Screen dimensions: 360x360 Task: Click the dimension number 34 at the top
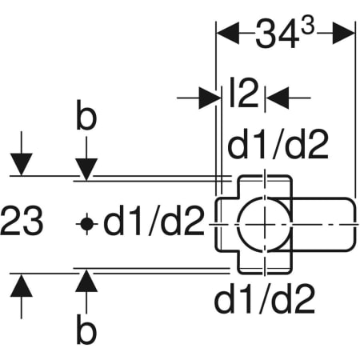[x=277, y=34]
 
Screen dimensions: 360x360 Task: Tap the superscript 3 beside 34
[x=307, y=26]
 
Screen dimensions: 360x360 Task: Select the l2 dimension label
[x=244, y=92]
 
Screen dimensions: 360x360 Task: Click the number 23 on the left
[x=22, y=220]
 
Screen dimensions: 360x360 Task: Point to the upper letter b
[x=86, y=115]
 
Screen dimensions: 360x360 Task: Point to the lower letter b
[x=86, y=329]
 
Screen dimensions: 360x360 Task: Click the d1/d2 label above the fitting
[x=278, y=144]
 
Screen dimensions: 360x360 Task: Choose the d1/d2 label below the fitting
[x=264, y=298]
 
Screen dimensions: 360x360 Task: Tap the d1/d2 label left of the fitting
[x=154, y=220]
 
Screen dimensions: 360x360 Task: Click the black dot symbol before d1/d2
[x=86, y=224]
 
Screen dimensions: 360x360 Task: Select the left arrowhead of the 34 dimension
[x=227, y=33]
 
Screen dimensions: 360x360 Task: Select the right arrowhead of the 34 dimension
[x=344, y=33]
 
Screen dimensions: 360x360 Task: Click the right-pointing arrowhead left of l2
[x=210, y=98]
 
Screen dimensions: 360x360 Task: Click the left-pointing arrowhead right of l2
[x=278, y=98]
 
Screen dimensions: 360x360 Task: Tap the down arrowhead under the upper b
[x=86, y=170]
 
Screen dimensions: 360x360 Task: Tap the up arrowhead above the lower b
[x=86, y=281]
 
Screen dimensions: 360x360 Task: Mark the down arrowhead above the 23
[x=22, y=164]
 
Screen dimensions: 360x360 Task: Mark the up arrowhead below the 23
[x=22, y=286]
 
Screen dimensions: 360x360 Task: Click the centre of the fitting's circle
[x=265, y=225]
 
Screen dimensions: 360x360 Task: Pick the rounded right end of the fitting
[x=356, y=225]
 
